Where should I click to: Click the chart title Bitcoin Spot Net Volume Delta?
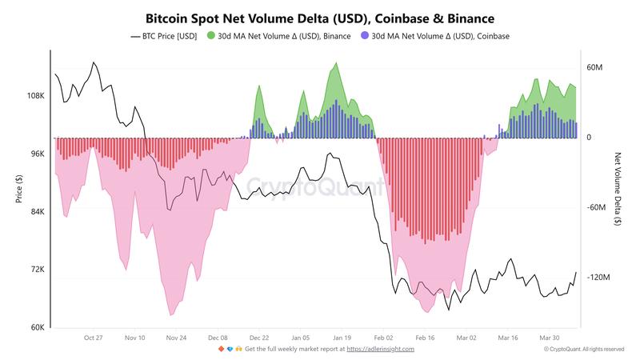pyautogui.click(x=320, y=17)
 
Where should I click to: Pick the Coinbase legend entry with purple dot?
pyautogui.click(x=435, y=36)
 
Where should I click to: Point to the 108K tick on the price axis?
pyautogui.click(x=36, y=96)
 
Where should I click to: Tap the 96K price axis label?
pyautogui.click(x=38, y=154)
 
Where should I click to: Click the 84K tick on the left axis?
pyautogui.click(x=38, y=212)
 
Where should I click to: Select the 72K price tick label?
pyautogui.click(x=38, y=270)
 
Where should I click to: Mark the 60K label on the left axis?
pyautogui.click(x=38, y=327)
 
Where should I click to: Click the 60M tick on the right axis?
pyautogui.click(x=594, y=68)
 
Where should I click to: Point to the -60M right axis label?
pyautogui.click(x=598, y=208)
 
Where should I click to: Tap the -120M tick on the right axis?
pyautogui.click(x=599, y=278)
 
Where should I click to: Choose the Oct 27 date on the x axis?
pyautogui.click(x=94, y=338)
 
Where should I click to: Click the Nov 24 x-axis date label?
pyautogui.click(x=177, y=338)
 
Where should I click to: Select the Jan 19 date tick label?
pyautogui.click(x=342, y=338)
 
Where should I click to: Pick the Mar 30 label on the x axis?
pyautogui.click(x=550, y=338)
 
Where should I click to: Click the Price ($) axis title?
pyautogui.click(x=18, y=189)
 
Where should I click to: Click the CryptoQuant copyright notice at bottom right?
pyautogui.click(x=584, y=350)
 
